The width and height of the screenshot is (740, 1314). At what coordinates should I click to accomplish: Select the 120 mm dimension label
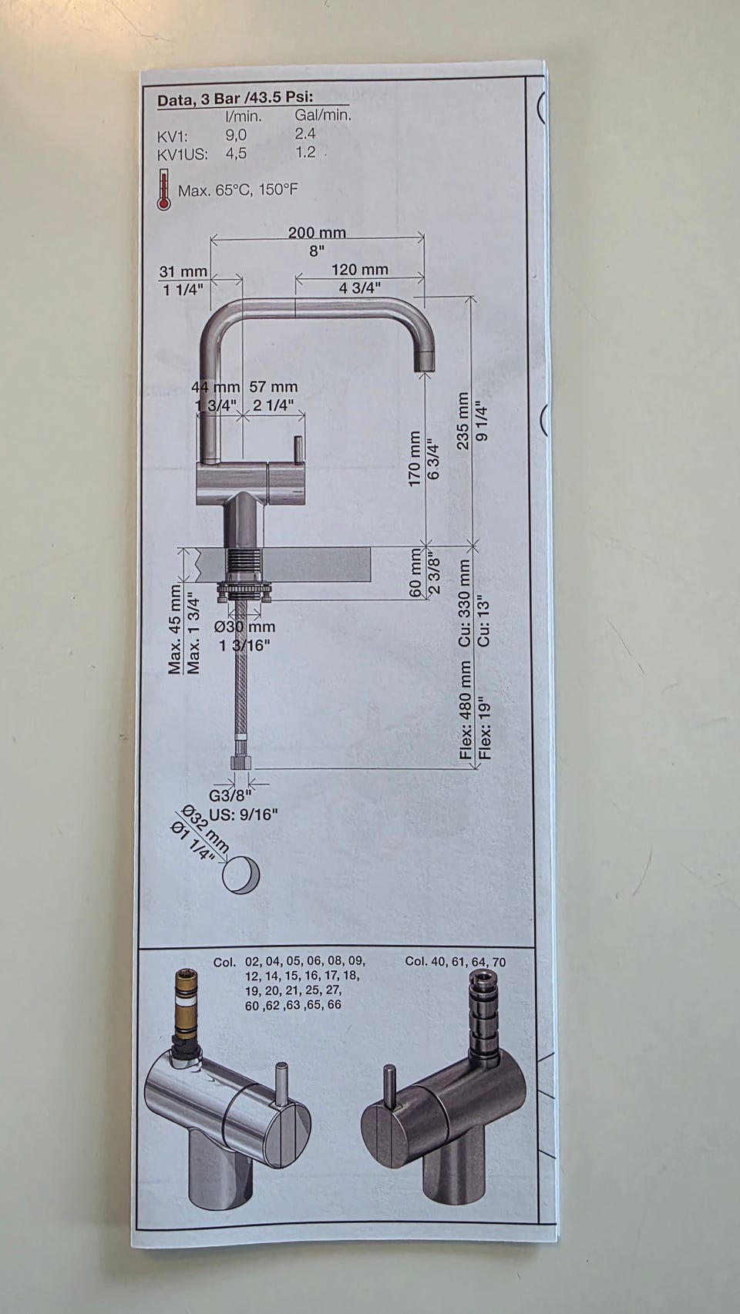(359, 270)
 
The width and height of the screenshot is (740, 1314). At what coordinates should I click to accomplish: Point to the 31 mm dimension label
(183, 272)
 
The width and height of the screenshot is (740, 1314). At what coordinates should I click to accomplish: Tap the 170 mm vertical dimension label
(415, 459)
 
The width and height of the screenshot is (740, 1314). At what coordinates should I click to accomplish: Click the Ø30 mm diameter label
(244, 627)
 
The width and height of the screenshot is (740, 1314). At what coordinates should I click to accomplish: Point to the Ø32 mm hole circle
(240, 874)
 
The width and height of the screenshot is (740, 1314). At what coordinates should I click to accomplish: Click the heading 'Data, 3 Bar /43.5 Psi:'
(240, 99)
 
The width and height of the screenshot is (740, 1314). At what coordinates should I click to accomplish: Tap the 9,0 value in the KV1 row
(236, 134)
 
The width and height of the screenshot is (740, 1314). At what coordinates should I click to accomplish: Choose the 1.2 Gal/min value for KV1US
(305, 152)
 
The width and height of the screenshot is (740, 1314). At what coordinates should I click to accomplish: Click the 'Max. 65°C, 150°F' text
(237, 190)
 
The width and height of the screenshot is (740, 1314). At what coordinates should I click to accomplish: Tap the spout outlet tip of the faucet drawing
(425, 362)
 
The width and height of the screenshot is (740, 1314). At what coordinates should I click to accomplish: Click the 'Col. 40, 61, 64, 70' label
(455, 961)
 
